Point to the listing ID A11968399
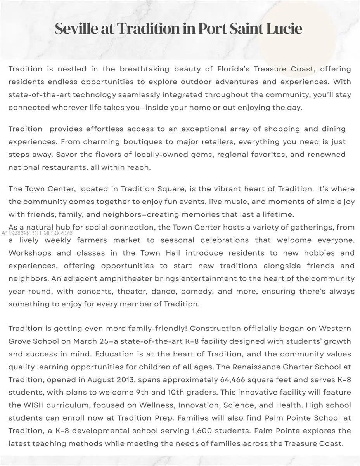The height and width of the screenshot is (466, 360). pos(16,233)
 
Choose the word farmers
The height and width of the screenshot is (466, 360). pos(92,240)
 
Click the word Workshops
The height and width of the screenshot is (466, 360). pos(30,253)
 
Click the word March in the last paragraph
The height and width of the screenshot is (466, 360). pos(80,341)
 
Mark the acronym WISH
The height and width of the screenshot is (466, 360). pos(34,405)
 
